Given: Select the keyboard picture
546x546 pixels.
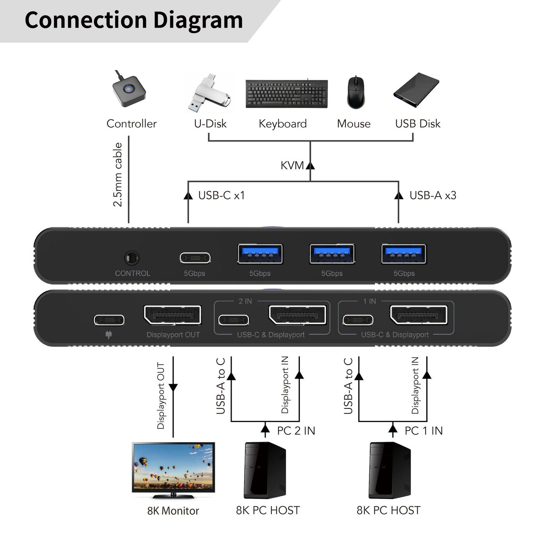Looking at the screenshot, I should point(287,94).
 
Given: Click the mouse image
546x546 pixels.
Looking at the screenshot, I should point(355,93).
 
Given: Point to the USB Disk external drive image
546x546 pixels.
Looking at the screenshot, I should point(416,90).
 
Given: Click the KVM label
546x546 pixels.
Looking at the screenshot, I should point(292,165).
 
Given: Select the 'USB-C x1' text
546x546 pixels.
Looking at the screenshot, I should point(221,195).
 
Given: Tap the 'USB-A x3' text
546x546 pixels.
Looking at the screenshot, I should point(433,195).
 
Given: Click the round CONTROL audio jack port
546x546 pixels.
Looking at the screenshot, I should point(131,258).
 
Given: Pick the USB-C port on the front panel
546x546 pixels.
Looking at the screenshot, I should point(195,258).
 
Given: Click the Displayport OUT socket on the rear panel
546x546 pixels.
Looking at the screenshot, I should point(172,315).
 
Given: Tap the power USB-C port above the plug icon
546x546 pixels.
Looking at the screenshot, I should point(109,320).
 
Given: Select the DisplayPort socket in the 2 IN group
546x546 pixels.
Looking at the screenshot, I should point(298,315).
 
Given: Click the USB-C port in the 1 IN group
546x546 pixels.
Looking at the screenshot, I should point(358,320).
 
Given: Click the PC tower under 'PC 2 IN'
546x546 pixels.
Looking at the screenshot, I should point(265,470).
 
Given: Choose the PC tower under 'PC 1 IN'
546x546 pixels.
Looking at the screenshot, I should point(390,470).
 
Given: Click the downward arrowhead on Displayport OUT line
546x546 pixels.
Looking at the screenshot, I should point(173,388).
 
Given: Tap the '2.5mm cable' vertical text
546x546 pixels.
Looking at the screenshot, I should point(117,174).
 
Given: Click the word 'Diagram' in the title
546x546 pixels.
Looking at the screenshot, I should point(198,20).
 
